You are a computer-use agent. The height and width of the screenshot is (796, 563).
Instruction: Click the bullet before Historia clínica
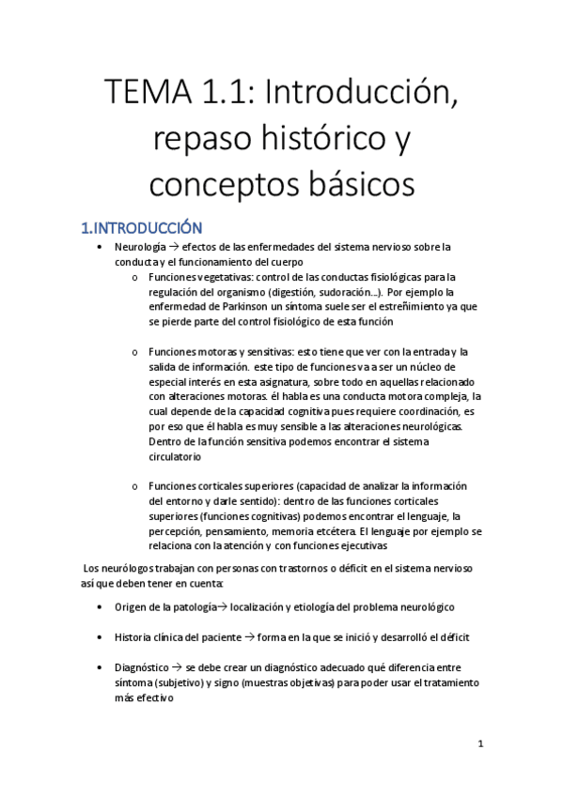(x=102, y=636)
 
